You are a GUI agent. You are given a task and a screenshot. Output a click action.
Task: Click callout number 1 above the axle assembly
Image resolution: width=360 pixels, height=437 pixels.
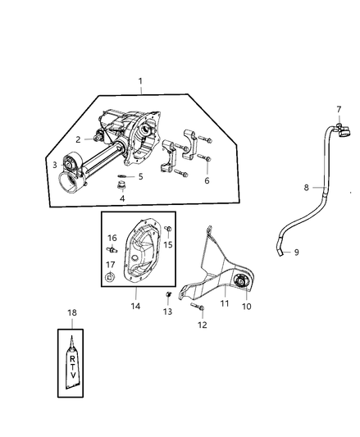coord(140,81)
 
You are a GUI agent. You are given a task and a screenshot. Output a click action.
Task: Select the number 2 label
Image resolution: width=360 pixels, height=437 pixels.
coord(78,139)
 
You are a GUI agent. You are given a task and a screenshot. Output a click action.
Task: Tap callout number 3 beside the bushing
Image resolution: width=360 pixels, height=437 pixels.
coord(55,165)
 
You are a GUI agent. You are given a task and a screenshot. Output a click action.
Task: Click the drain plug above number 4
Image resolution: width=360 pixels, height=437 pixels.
coord(121,186)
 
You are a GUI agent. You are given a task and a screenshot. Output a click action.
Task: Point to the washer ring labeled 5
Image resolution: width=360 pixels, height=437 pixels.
coord(123,176)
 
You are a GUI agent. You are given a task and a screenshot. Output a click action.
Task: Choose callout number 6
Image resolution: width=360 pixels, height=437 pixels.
coord(207,180)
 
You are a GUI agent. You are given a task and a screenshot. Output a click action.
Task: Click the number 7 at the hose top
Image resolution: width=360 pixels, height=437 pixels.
coord(339,109)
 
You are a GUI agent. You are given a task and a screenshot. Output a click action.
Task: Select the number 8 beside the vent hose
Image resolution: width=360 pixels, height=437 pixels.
coord(306,188)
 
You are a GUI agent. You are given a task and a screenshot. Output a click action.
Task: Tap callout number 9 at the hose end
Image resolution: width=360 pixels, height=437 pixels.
coord(296,253)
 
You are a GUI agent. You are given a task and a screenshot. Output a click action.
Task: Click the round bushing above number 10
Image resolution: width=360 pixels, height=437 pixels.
coord(240,280)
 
